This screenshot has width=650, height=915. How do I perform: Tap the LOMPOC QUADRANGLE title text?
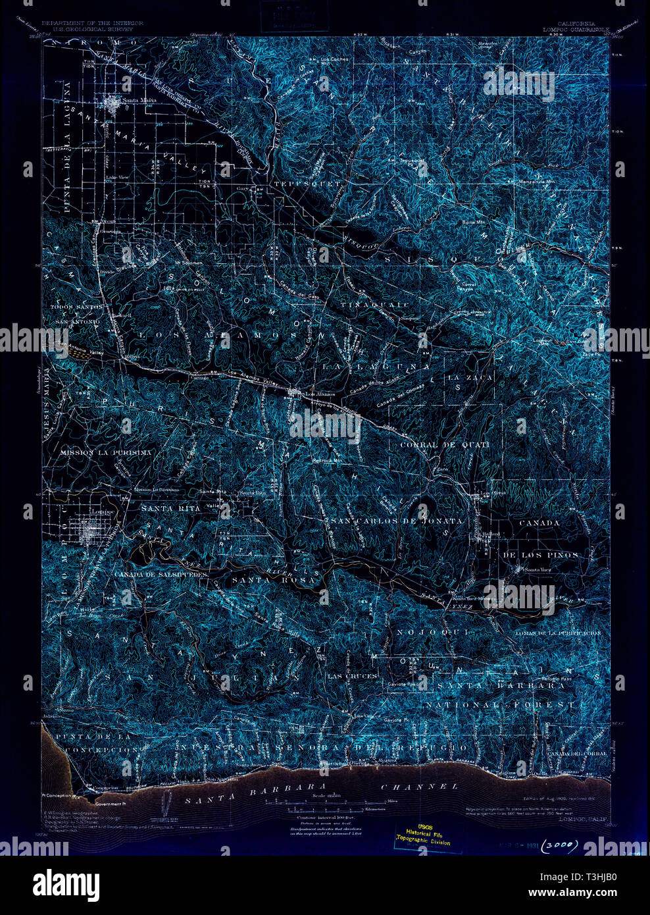[x=568, y=29]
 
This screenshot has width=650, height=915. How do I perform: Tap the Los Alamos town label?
[x=321, y=394]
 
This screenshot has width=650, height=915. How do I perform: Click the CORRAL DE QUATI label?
[x=445, y=445]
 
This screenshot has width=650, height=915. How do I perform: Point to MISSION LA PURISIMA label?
[x=105, y=453]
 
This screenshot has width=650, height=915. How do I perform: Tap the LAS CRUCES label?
[x=352, y=676]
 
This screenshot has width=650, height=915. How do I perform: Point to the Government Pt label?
[x=109, y=804]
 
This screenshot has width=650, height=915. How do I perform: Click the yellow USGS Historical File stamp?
[x=428, y=837]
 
